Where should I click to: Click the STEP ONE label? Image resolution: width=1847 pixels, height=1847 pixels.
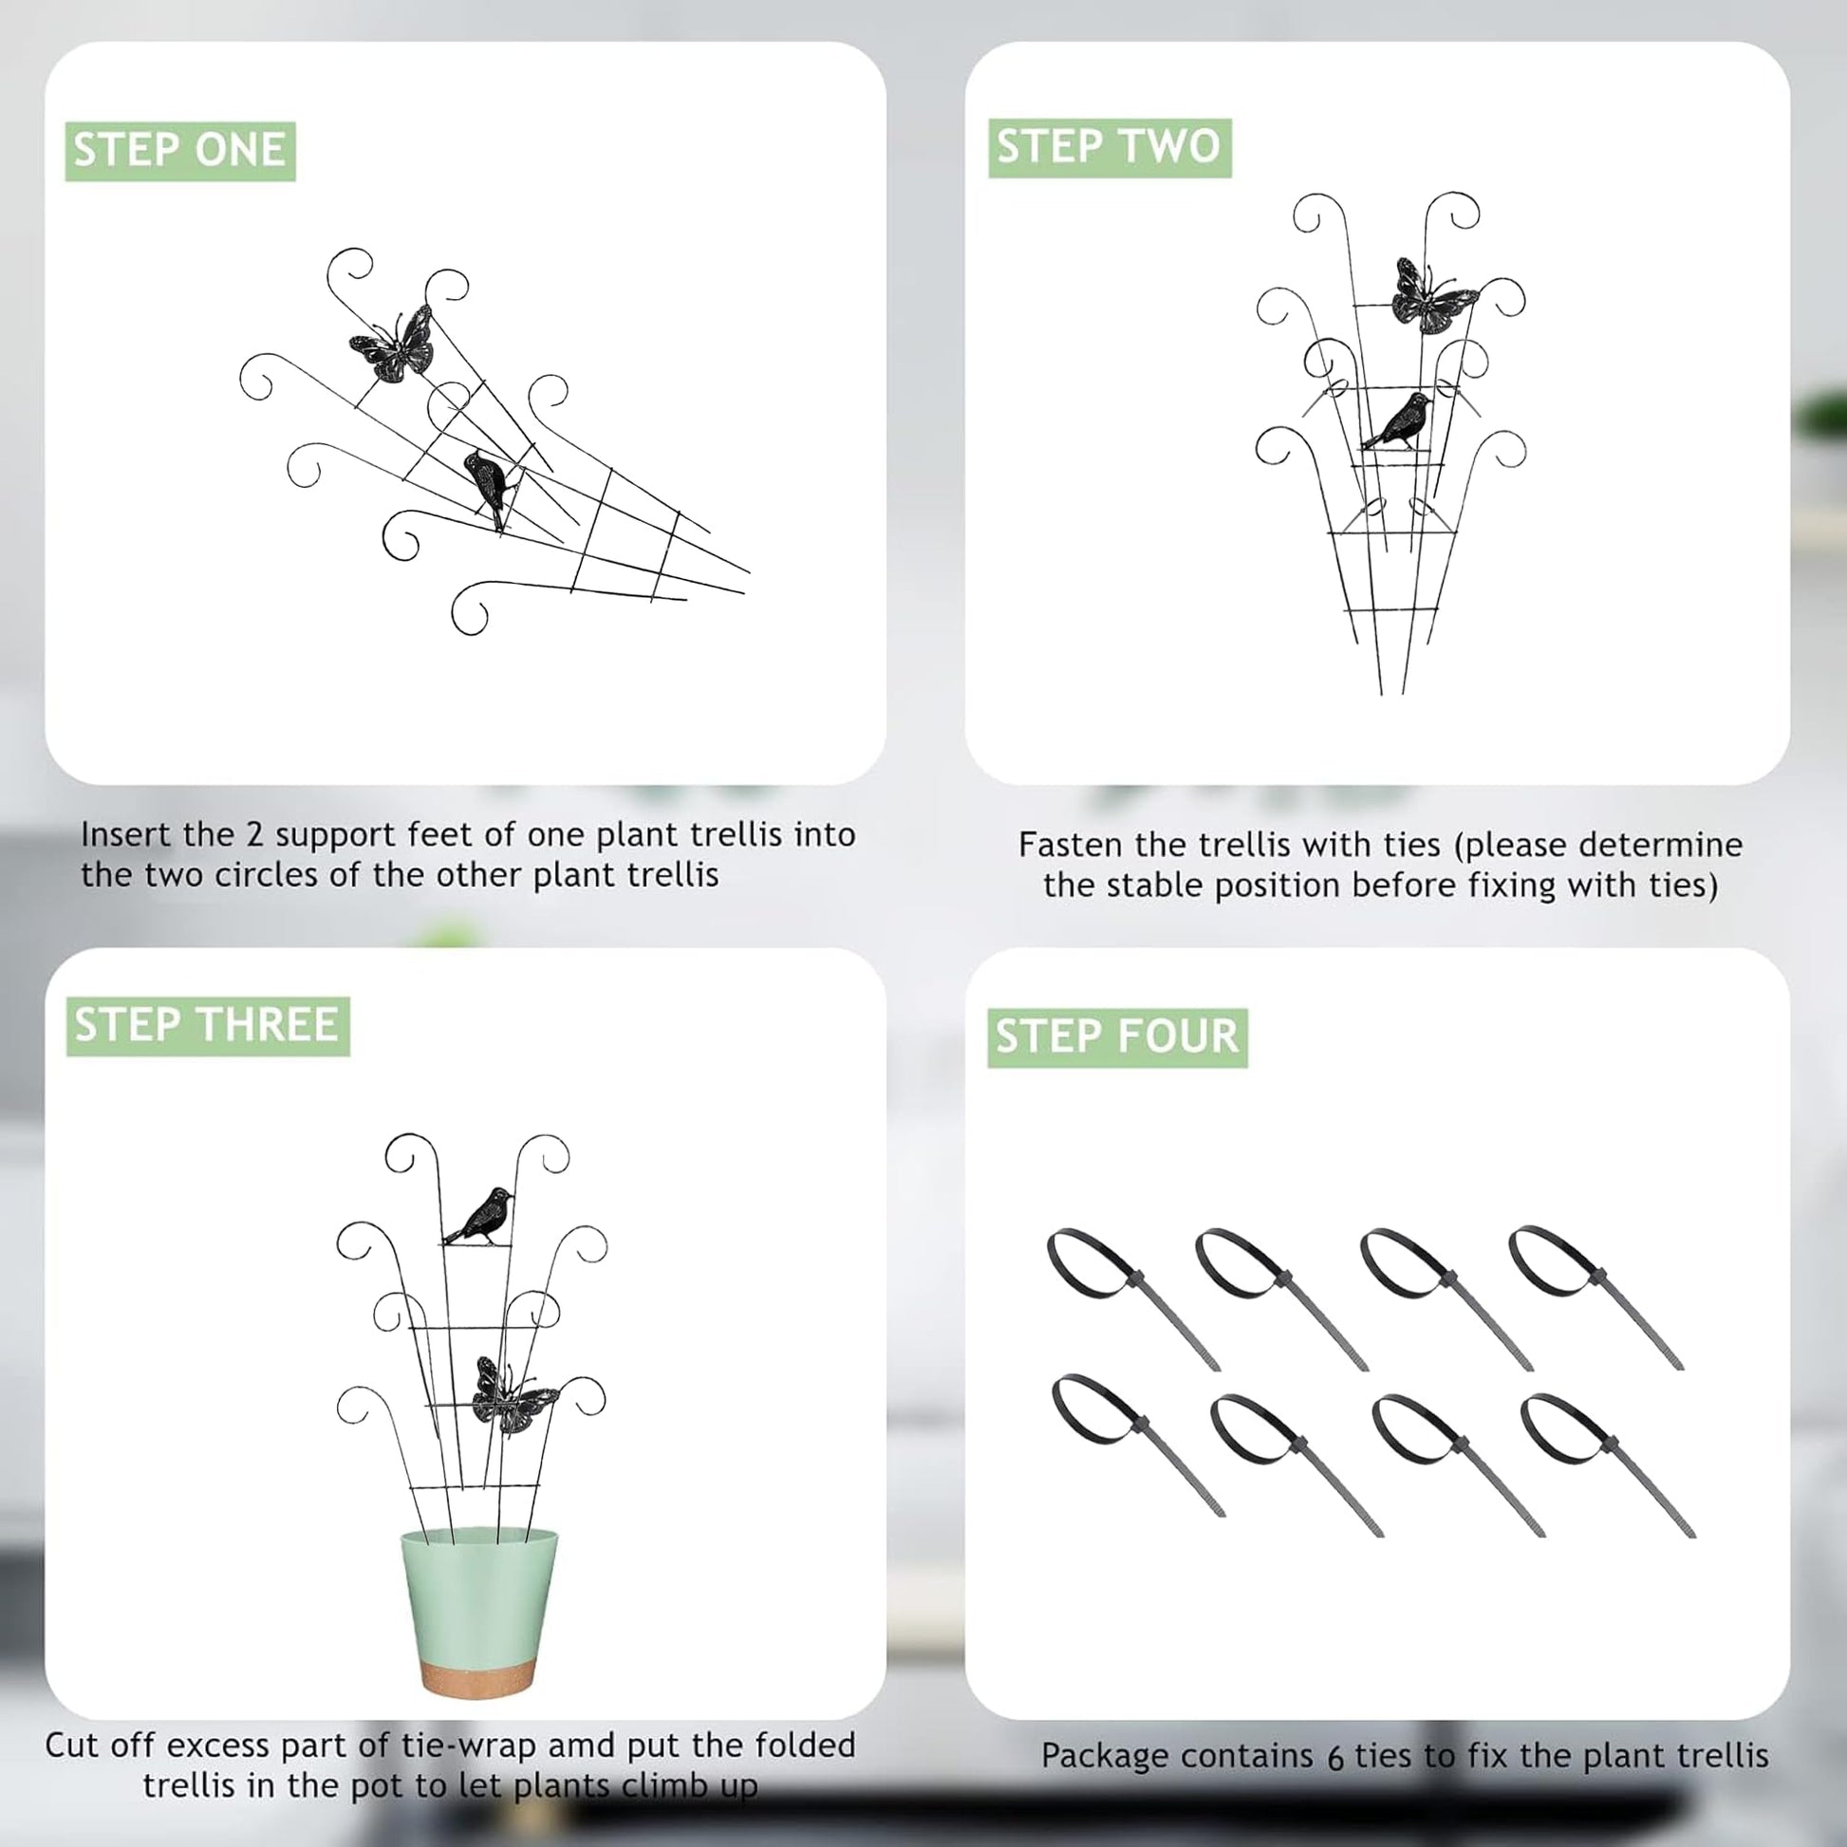179,151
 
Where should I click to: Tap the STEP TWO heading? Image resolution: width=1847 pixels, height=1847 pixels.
1110,147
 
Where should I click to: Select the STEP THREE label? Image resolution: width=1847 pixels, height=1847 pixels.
208,1026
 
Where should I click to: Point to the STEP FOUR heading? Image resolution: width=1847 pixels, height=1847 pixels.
1117,1037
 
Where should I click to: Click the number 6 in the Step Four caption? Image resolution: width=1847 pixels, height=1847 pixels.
1334,1757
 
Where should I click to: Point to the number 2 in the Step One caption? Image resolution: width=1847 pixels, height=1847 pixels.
253,834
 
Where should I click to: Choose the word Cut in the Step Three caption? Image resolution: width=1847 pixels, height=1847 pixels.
71,1745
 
